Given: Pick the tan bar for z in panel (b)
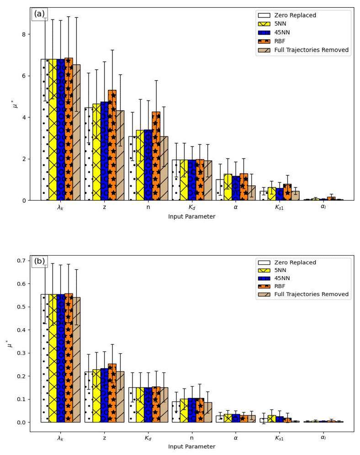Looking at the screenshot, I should pos(120,397).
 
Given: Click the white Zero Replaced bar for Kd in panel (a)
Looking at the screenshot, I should pos(176,180).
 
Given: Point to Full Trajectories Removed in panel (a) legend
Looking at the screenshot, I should pos(311,50).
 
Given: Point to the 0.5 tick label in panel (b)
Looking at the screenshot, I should pos(20,307).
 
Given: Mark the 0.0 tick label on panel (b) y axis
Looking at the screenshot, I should pos(20,422).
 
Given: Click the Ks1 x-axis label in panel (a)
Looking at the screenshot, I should pos(279,207).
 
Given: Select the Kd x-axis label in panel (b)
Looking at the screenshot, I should pos(148,438).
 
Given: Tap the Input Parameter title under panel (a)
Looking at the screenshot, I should pos(191,217).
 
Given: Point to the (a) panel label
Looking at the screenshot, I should pos(39,14).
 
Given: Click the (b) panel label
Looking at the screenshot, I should pos(39,261).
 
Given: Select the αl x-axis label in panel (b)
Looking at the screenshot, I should pos(323,438).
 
